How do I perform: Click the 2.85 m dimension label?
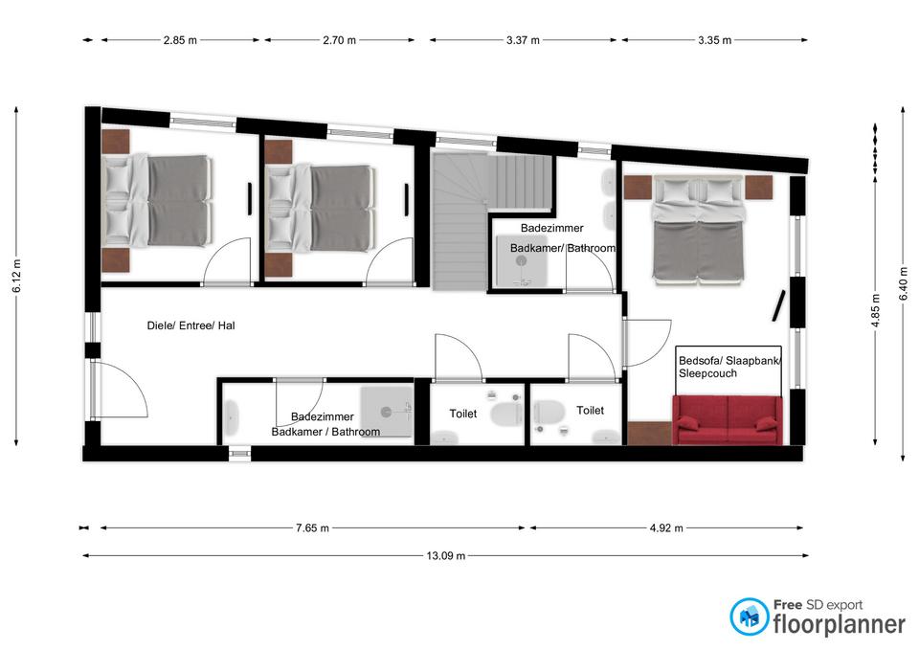(180, 40)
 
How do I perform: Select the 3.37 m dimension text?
(523, 40)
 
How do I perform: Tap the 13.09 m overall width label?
(445, 555)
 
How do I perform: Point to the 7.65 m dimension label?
(312, 528)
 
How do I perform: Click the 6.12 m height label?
(16, 276)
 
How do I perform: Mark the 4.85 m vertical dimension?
(875, 310)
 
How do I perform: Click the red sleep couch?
(728, 419)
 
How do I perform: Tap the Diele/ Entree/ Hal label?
(191, 325)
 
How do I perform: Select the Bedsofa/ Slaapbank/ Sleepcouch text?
(729, 368)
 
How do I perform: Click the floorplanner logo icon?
(749, 616)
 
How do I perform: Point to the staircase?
(492, 221)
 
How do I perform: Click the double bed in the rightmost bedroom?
(698, 231)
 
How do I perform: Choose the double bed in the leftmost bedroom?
(156, 201)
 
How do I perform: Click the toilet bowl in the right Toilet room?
(549, 411)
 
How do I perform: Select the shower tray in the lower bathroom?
(386, 412)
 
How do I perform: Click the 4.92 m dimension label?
(666, 528)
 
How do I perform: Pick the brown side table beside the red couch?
(649, 433)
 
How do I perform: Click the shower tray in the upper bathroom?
(522, 261)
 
